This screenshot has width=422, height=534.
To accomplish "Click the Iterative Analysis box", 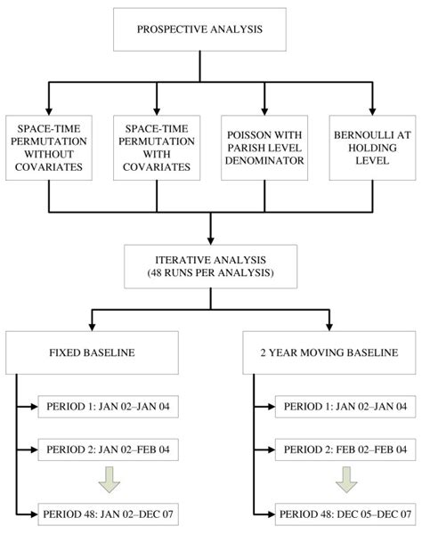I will tap(211, 266).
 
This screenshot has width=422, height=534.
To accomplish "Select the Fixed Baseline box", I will tap(90, 353).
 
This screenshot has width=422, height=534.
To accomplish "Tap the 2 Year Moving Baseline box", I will tap(329, 353).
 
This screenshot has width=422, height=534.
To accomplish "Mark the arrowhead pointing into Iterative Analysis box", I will tap(211, 239).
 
